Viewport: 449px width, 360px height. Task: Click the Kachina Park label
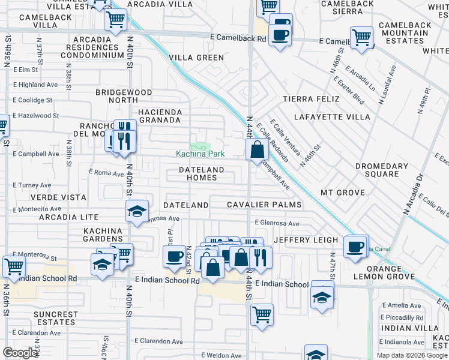pyautogui.click(x=200, y=154)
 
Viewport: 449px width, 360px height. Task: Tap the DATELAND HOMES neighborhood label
pyautogui.click(x=201, y=173)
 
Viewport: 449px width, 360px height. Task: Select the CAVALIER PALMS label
pyautogui.click(x=263, y=205)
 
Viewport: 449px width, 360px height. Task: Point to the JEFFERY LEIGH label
pyautogui.click(x=306, y=240)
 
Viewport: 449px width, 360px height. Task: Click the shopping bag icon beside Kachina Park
pyautogui.click(x=257, y=149)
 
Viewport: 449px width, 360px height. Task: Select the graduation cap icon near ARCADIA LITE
pyautogui.click(x=137, y=211)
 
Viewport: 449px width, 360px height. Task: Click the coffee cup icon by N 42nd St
pyautogui.click(x=175, y=257)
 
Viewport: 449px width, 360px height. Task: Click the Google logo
pyautogui.click(x=20, y=353)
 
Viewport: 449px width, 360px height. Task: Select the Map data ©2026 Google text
pyautogui.click(x=411, y=355)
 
